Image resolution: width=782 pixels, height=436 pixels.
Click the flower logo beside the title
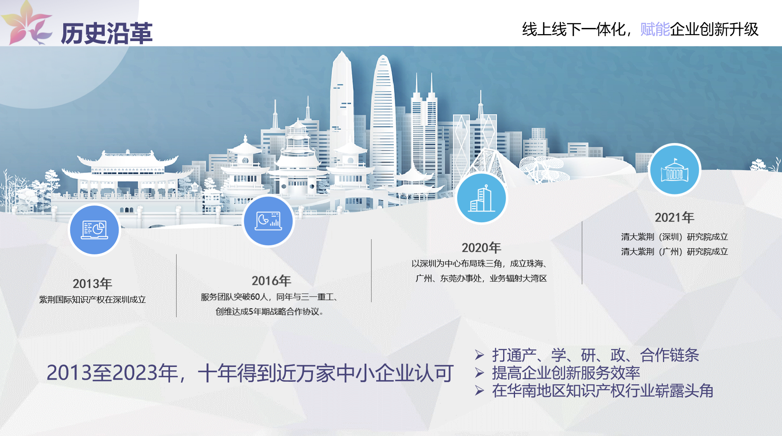click(x=26, y=23)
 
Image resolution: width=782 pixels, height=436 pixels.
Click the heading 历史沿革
click(x=107, y=33)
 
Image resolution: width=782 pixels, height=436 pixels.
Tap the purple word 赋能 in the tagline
click(x=655, y=29)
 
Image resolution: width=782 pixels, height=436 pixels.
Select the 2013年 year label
click(x=92, y=284)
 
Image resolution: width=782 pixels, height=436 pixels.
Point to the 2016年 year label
click(x=271, y=281)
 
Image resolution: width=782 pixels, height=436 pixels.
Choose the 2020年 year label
click(x=481, y=248)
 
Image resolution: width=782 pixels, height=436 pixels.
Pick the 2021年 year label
click(x=674, y=217)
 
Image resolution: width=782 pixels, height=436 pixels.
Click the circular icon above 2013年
click(x=94, y=230)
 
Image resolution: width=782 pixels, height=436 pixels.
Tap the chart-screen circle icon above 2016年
click(x=268, y=221)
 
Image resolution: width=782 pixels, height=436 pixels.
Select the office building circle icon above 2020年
click(x=481, y=198)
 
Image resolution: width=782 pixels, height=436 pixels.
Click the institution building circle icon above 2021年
click(x=674, y=169)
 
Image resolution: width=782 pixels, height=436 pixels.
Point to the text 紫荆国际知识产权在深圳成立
click(x=92, y=300)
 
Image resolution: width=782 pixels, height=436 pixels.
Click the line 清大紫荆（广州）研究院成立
click(x=674, y=251)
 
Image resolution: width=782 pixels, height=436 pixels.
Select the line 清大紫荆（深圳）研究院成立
click(x=674, y=237)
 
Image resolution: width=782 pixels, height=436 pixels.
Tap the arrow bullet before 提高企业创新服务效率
click(x=479, y=373)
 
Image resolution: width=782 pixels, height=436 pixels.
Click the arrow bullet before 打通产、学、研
click(x=479, y=355)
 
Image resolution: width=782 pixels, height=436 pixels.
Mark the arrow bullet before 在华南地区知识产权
click(x=479, y=390)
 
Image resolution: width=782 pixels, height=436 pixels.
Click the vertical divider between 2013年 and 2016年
click(x=176, y=286)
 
